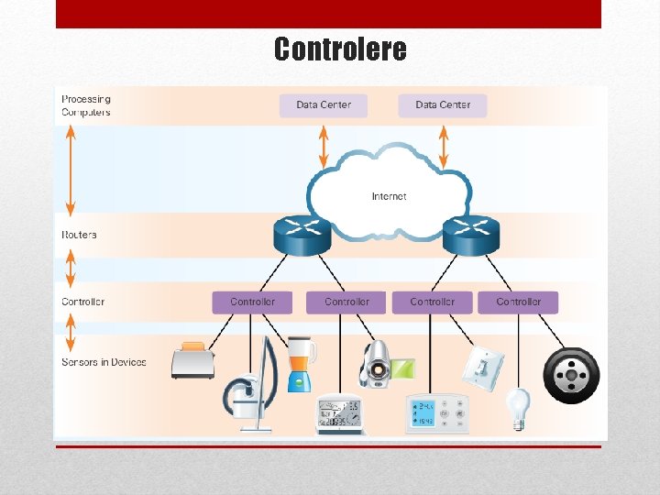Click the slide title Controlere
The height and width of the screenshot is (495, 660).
point(340,49)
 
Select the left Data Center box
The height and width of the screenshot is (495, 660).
point(323,104)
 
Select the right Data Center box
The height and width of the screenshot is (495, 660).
point(442,104)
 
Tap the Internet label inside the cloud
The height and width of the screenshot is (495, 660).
point(389,196)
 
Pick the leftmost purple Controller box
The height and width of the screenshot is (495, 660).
point(252,302)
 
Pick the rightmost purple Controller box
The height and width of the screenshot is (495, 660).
point(518,302)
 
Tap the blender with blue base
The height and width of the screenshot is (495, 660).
point(301,365)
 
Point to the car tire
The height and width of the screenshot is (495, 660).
point(571,375)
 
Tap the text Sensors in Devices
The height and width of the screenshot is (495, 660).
point(104,362)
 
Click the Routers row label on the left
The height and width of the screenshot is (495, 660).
point(79,235)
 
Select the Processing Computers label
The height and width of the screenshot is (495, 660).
point(86,105)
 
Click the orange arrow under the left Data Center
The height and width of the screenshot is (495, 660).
point(323,146)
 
